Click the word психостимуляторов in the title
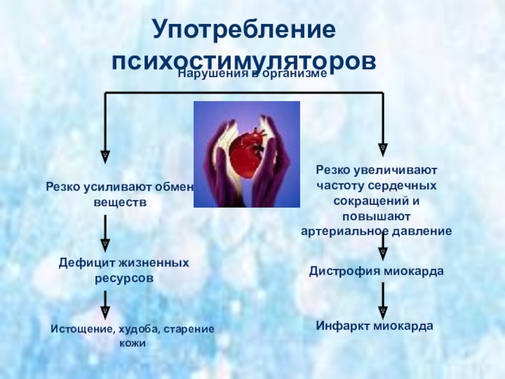coord(244,62)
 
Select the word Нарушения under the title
coord(208,74)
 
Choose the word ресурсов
coord(124,277)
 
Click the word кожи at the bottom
coord(133,344)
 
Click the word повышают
coord(376,216)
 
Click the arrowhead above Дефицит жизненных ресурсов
coord(105,244)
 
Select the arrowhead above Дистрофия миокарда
coord(383,253)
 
